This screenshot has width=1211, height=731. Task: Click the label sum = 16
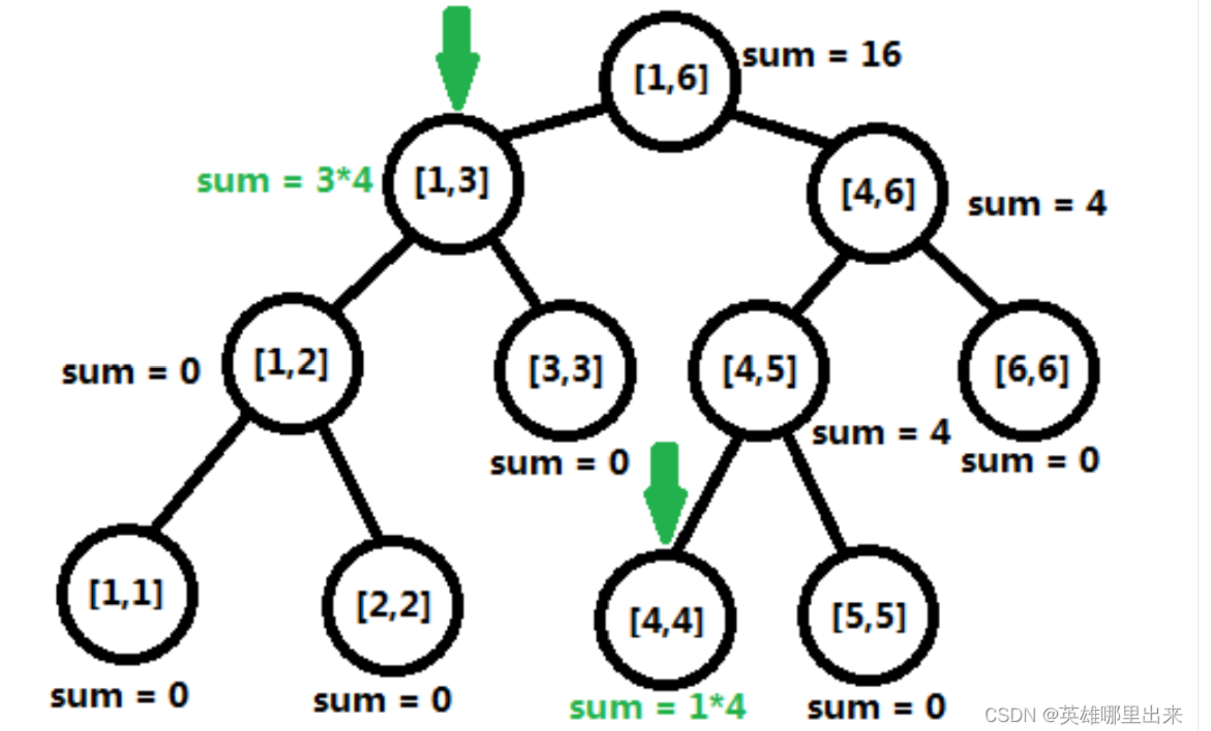(821, 55)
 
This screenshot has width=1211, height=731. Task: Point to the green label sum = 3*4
(284, 181)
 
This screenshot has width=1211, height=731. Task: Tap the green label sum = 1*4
(657, 707)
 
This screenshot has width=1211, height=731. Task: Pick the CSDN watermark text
(1082, 715)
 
